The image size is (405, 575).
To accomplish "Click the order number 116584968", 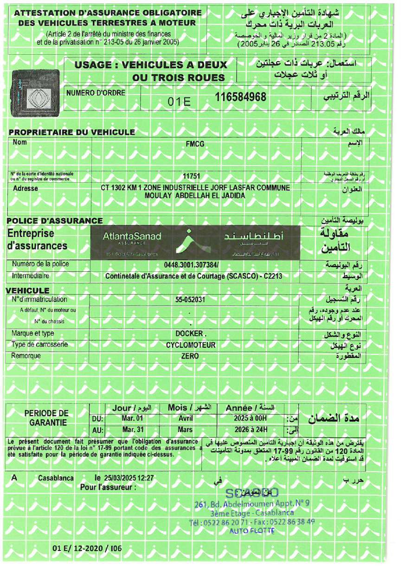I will (x=241, y=97).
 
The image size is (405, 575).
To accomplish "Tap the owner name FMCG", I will (x=195, y=144).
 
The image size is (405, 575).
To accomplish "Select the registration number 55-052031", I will (x=190, y=300).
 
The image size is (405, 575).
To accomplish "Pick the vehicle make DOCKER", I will (x=190, y=333).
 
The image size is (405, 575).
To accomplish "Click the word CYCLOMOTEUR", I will (x=191, y=345).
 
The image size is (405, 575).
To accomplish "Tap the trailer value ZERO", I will (x=190, y=356).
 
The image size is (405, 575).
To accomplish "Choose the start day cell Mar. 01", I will (x=130, y=418).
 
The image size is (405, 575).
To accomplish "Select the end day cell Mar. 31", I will (x=130, y=429).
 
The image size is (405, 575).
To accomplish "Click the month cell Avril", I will (x=185, y=418).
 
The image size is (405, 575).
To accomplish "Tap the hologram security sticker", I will (x=35, y=91).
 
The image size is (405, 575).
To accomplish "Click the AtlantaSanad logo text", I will (x=132, y=237).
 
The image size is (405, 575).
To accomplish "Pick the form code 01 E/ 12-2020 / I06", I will (x=87, y=549).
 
